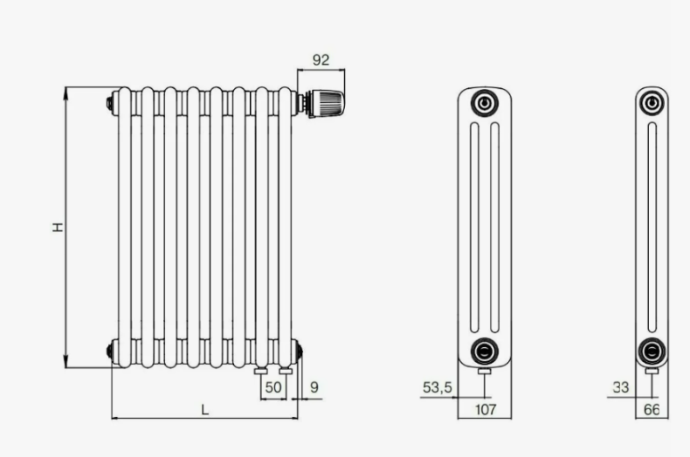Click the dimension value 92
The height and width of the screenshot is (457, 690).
(321, 60)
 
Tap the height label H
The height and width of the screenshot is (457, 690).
(58, 227)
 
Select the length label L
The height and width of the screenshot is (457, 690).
(204, 410)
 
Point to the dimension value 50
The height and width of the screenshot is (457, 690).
(273, 387)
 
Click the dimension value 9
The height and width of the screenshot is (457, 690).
(314, 387)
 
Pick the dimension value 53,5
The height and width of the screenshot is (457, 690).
(437, 387)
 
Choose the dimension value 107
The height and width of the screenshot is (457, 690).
(486, 410)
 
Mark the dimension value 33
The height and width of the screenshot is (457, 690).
(620, 387)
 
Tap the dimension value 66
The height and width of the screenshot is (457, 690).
(652, 410)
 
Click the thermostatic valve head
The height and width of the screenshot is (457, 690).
(326, 103)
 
